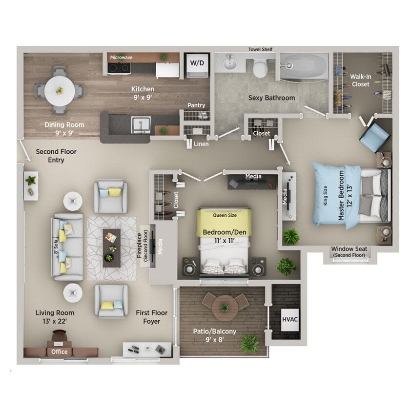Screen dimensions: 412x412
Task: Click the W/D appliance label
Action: click(197, 63)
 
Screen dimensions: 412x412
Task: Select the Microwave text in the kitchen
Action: click(121, 57)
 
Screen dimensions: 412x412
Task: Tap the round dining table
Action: click(60, 90)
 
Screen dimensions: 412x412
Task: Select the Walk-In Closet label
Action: click(360, 81)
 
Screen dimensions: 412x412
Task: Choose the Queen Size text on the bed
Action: click(224, 214)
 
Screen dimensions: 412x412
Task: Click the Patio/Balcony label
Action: click(215, 331)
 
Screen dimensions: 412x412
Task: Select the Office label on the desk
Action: click(60, 351)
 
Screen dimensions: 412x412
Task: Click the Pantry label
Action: click(196, 105)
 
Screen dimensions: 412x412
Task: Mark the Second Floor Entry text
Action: click(56, 156)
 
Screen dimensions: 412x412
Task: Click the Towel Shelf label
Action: click(260, 49)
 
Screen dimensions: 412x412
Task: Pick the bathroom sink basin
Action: click(229, 63)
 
